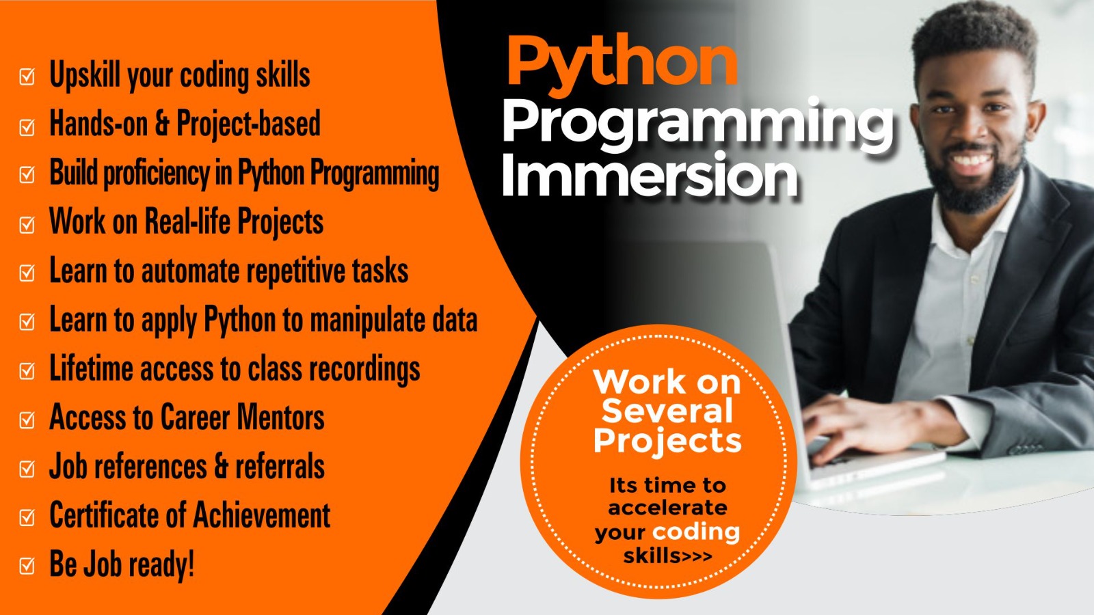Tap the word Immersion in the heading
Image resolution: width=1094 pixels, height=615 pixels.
[650, 175]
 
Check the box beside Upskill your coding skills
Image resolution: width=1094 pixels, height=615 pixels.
[27, 77]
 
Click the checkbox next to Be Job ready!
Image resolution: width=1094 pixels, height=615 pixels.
[27, 566]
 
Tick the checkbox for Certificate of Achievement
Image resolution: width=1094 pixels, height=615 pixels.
[27, 517]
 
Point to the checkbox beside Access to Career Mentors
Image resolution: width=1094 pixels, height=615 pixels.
[27, 420]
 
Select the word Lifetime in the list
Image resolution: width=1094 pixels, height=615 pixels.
[92, 368]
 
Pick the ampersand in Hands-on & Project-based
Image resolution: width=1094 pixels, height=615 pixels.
[161, 123]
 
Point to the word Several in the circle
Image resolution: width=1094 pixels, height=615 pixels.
[667, 411]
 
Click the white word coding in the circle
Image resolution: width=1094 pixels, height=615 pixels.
[696, 532]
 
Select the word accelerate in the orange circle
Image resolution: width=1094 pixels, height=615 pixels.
[667, 508]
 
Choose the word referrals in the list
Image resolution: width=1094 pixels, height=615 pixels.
[280, 466]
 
